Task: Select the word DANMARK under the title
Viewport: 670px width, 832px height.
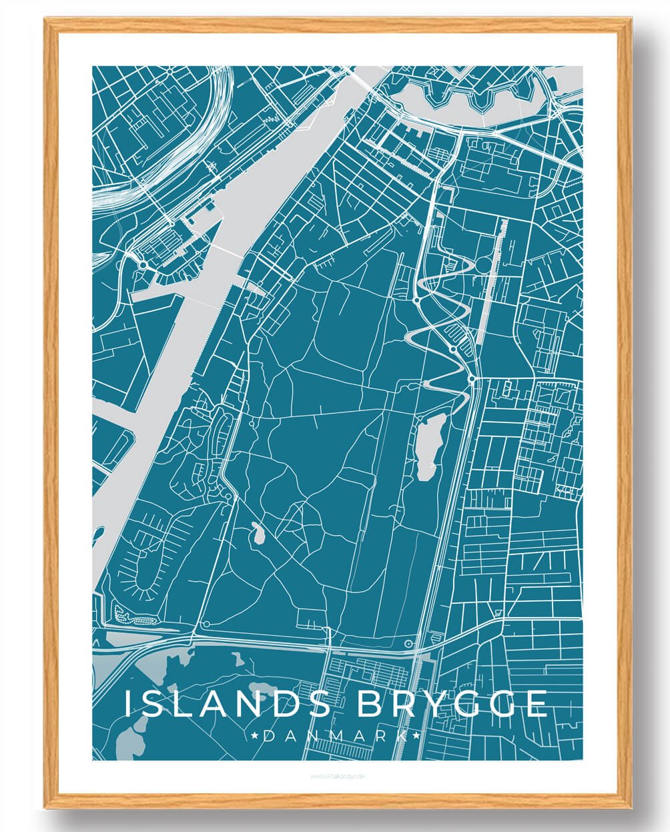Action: [336, 736]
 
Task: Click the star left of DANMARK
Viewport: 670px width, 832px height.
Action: [256, 736]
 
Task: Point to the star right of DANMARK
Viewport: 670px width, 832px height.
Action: [416, 736]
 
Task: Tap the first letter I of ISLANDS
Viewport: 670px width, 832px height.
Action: [129, 704]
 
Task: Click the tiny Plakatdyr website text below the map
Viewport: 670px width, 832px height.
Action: [335, 776]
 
